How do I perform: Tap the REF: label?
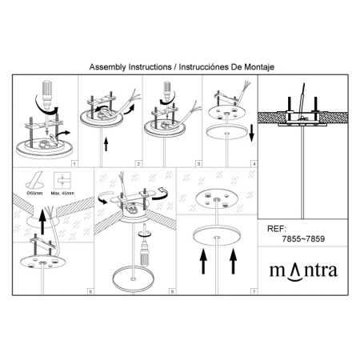click(276, 229)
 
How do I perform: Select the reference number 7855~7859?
click(303, 238)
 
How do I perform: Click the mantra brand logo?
click(303, 271)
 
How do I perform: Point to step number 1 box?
click(74, 164)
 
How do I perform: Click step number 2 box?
click(138, 164)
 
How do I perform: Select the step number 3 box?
click(198, 164)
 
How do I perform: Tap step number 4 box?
click(254, 164)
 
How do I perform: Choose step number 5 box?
click(90, 292)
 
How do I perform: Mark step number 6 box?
click(172, 292)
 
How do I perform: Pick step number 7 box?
click(254, 292)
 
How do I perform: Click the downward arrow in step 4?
click(251, 134)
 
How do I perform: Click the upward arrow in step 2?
click(106, 144)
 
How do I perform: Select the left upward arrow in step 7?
click(203, 262)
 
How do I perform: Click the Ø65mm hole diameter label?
click(34, 193)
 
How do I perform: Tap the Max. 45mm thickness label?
click(62, 193)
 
